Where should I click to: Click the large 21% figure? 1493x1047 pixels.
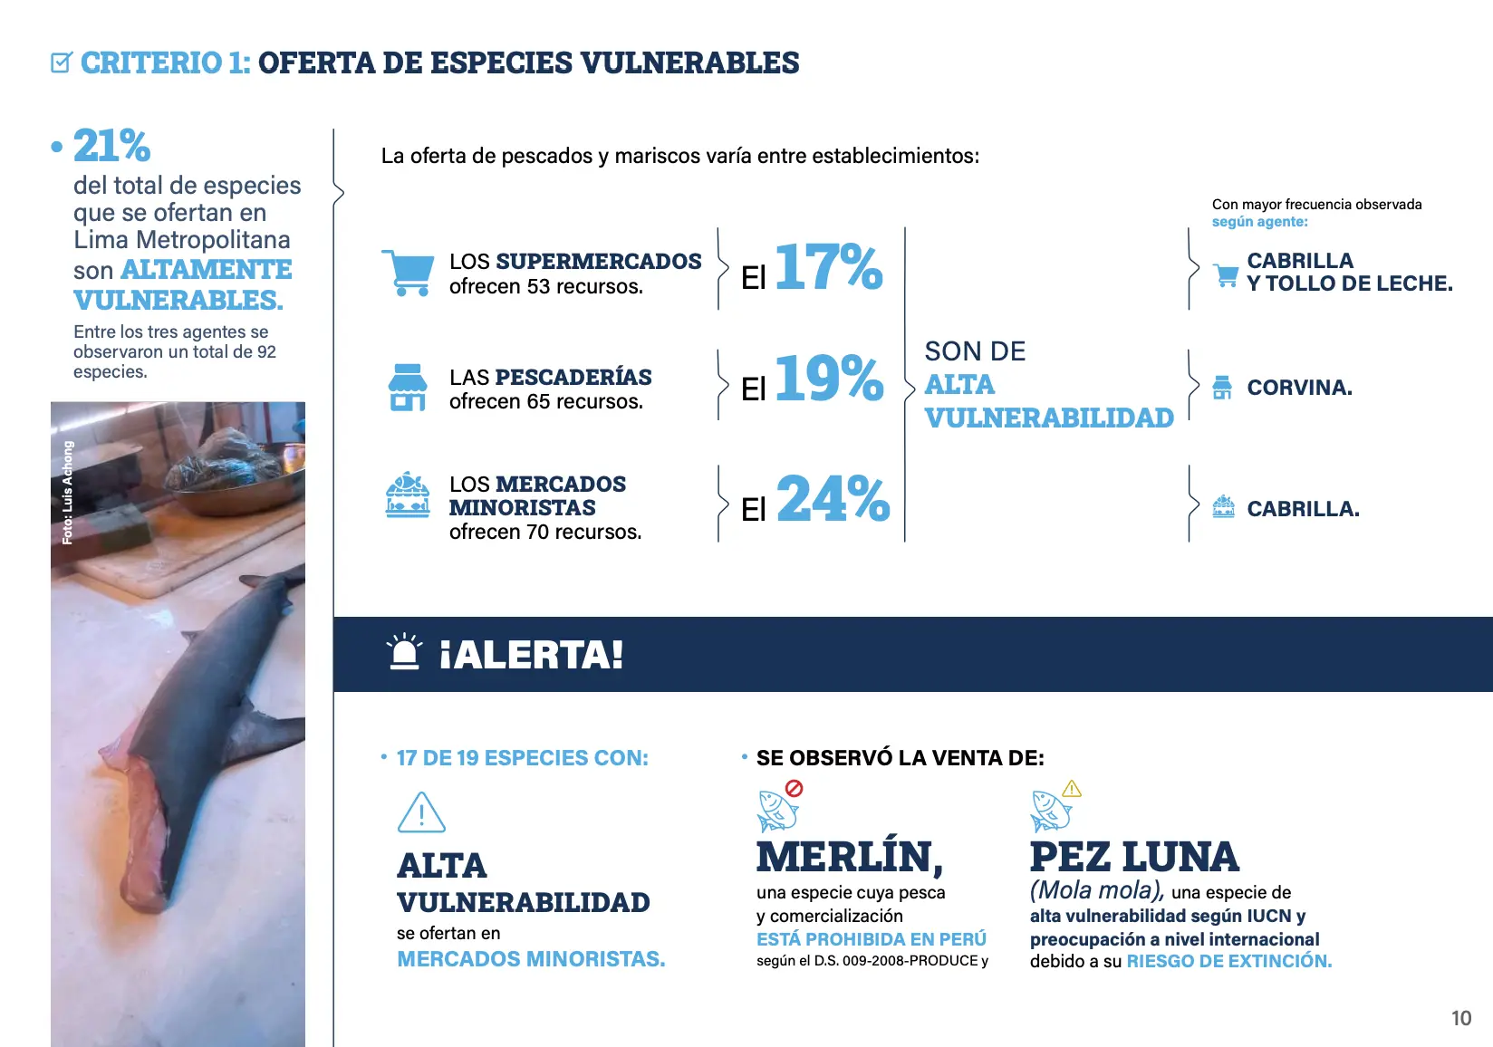click(x=111, y=146)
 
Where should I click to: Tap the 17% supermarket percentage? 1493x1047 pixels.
click(x=828, y=267)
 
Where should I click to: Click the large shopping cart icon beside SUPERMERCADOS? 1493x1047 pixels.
click(x=407, y=272)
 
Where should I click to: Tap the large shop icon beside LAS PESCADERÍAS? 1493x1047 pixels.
click(x=407, y=388)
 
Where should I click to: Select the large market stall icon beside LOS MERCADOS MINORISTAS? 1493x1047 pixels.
click(x=408, y=495)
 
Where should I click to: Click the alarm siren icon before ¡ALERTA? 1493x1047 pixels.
click(x=404, y=652)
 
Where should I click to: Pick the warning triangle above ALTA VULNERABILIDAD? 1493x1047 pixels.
click(x=421, y=812)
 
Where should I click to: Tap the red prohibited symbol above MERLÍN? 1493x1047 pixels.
click(x=794, y=788)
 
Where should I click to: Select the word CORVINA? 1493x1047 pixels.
click(x=1299, y=388)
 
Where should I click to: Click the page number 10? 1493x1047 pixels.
click(x=1460, y=1018)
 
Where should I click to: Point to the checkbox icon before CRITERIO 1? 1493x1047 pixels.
click(x=61, y=62)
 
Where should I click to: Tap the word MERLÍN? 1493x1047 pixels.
click(x=849, y=857)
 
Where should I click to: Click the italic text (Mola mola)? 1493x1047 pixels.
click(x=1096, y=891)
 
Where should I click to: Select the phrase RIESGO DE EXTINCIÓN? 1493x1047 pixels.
click(x=1228, y=961)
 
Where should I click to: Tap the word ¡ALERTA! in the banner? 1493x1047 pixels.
click(x=531, y=655)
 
